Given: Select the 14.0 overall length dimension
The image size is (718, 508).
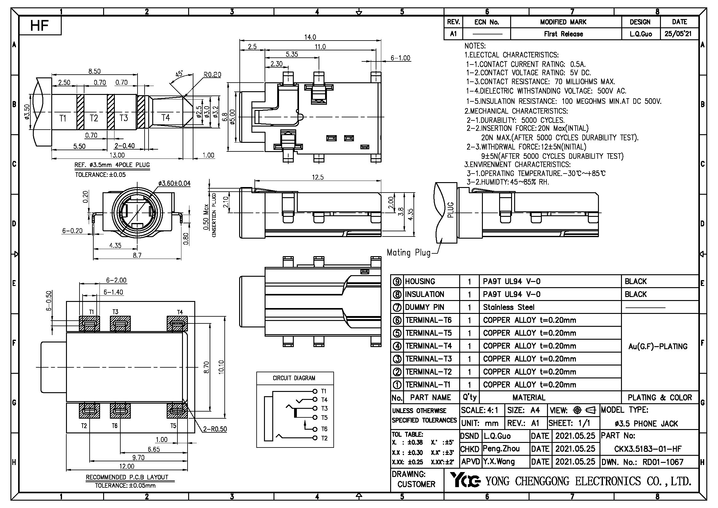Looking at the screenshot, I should (310, 37).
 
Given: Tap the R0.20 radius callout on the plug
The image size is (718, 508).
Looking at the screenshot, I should (212, 75).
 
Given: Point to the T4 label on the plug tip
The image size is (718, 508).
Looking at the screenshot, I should (165, 118).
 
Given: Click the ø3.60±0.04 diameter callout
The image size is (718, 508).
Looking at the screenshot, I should (174, 183).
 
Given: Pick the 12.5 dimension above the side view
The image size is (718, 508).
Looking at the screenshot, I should (317, 177).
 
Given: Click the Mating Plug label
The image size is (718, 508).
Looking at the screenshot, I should (408, 252).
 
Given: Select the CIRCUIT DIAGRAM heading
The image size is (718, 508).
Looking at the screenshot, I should (294, 378).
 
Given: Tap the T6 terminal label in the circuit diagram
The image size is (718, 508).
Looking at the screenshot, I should (324, 429).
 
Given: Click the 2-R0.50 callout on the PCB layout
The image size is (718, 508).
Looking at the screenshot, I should (215, 429).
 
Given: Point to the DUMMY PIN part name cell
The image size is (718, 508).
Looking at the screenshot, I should (424, 307).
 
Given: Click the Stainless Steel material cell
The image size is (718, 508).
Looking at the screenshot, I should (508, 307).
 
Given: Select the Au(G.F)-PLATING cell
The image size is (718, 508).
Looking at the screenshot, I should (658, 346).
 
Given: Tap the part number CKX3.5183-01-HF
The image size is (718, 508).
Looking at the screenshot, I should (648, 449).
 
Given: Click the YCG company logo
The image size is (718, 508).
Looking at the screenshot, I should (465, 480).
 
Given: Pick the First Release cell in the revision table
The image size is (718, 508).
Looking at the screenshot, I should (563, 34).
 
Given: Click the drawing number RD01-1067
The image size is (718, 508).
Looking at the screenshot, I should (663, 462).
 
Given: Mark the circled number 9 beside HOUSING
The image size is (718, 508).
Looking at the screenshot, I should (397, 282).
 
